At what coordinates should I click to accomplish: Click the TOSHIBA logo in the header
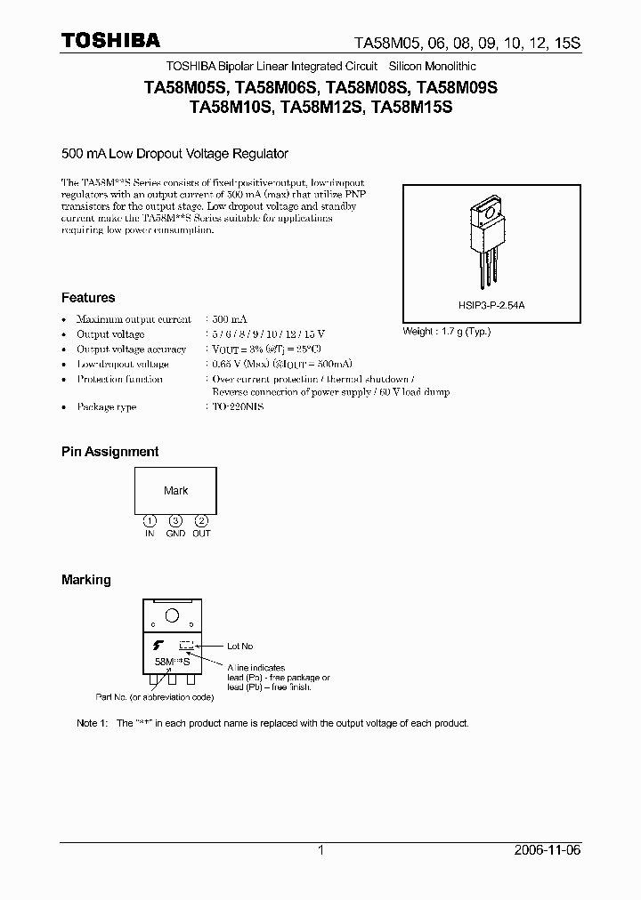click(x=110, y=40)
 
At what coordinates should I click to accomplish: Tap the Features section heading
click(x=88, y=298)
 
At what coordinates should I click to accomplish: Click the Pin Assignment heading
click(x=110, y=452)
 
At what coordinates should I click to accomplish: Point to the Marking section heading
click(x=86, y=580)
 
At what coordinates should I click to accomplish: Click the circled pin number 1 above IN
click(x=150, y=520)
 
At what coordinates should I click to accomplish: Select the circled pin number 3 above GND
click(x=176, y=520)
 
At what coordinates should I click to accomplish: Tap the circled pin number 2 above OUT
click(x=202, y=520)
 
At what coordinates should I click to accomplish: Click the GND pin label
click(x=176, y=533)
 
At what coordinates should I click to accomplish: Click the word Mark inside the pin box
click(x=176, y=491)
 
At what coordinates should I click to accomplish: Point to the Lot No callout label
click(x=240, y=647)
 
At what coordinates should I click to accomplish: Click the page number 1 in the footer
click(x=320, y=850)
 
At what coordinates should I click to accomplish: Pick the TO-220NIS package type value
click(x=238, y=406)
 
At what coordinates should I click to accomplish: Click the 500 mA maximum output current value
click(x=230, y=319)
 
